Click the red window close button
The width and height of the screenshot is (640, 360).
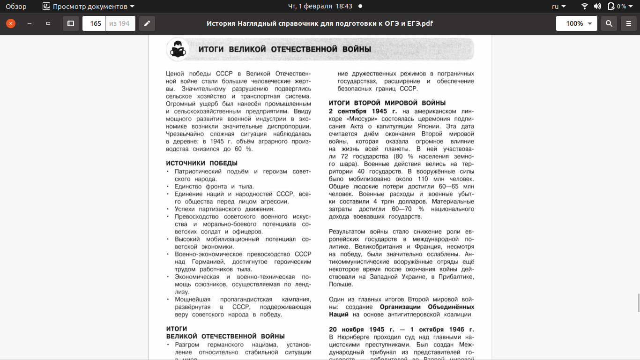pos(11,23)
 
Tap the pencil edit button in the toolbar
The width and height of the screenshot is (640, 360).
pos(147,23)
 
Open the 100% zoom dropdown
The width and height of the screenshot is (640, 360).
pos(577,23)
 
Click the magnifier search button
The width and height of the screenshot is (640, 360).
pos(609,23)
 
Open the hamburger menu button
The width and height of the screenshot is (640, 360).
pos(629,23)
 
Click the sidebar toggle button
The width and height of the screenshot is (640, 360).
pos(71,23)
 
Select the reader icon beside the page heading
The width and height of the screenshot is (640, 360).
pos(178,50)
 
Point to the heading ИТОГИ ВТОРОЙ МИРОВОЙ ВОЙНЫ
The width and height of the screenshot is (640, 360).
pos(387,103)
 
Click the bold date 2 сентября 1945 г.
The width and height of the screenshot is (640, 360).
pos(363,111)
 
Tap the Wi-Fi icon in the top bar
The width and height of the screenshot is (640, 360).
pos(584,7)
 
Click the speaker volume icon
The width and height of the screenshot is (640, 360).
pos(597,7)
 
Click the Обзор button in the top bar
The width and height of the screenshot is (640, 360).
pos(16,7)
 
